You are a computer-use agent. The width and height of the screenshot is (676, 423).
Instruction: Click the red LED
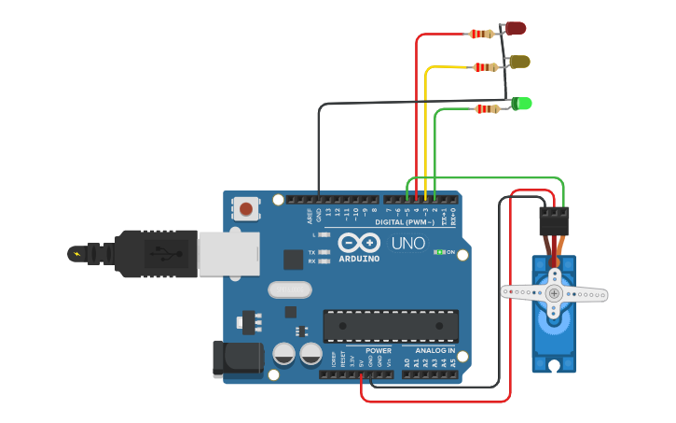point(516,29)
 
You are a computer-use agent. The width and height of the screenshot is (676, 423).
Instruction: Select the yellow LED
point(519,62)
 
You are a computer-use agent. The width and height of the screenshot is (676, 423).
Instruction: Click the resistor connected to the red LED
point(481,35)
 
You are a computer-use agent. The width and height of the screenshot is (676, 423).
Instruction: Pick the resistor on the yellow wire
point(485,67)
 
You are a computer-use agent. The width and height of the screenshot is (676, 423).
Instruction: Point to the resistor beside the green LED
point(487,109)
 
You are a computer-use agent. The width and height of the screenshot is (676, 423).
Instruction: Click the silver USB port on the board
point(228,253)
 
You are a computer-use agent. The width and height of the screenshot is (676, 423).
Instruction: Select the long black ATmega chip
point(391,325)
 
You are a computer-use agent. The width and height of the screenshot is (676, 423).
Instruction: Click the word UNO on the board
point(407,243)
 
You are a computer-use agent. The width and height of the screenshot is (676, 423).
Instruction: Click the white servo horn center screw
point(554,293)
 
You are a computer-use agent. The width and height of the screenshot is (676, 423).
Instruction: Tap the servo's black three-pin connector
point(554,220)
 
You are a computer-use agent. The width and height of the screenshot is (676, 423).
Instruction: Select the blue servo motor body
point(554,336)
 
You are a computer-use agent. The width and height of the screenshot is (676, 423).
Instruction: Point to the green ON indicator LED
point(439,252)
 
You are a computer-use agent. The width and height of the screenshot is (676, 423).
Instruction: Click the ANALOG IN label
point(430,351)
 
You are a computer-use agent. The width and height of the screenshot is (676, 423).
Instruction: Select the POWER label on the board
point(379,351)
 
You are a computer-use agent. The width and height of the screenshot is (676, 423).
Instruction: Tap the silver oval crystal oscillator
point(290,289)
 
